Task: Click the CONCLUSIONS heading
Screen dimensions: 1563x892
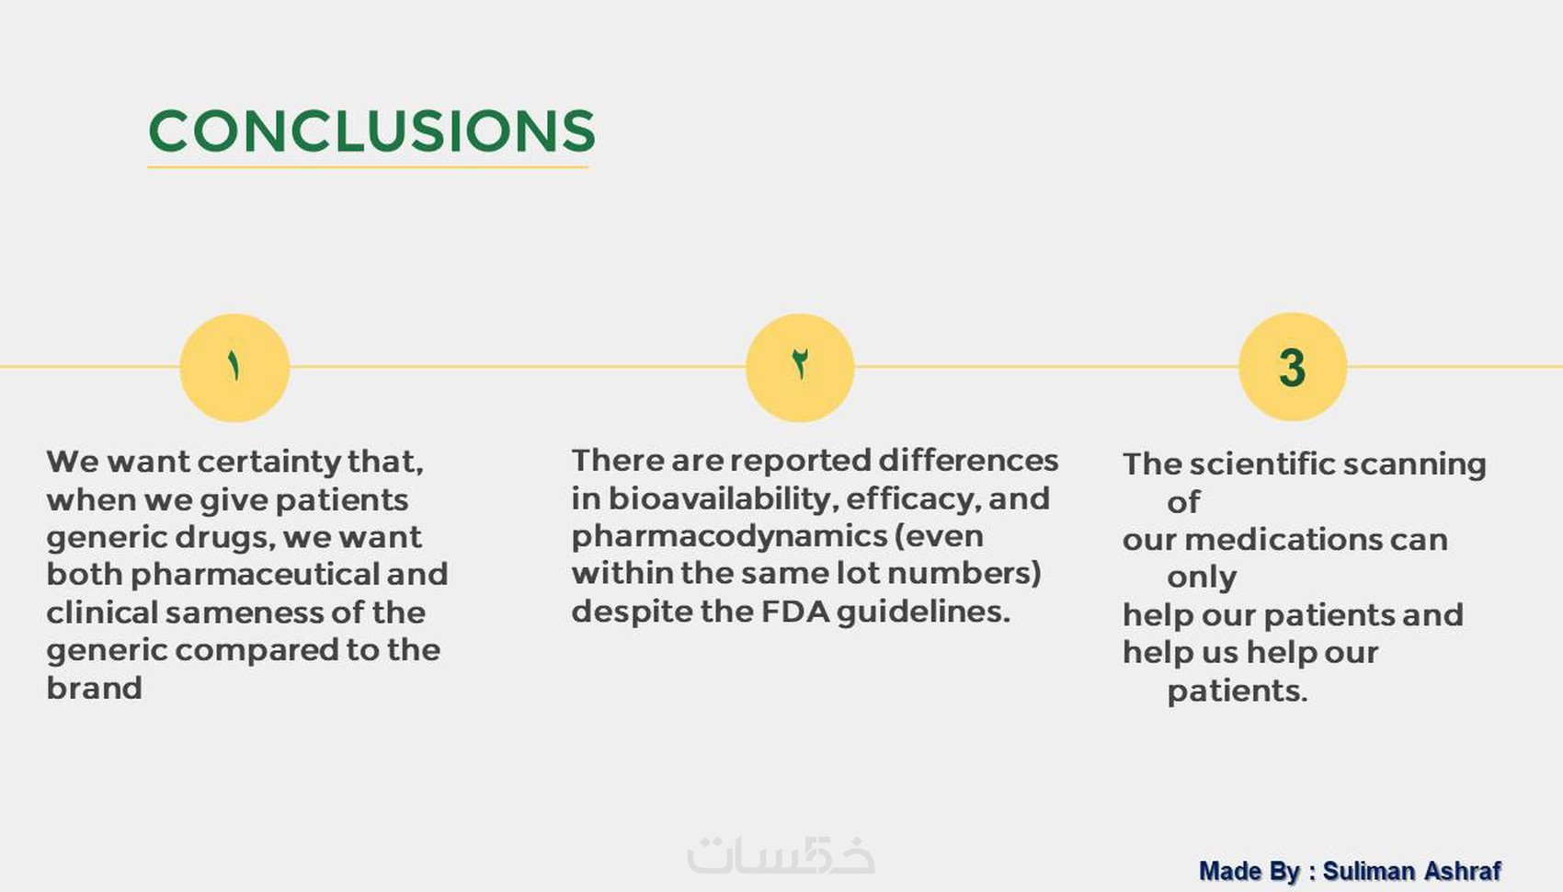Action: (372, 131)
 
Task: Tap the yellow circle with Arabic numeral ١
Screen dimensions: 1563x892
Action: (234, 368)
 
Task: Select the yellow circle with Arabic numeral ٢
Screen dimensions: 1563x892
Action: (800, 368)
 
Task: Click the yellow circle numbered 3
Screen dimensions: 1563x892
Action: (1293, 367)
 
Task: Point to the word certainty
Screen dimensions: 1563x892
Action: (269, 462)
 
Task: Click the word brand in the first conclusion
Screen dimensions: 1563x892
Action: (94, 688)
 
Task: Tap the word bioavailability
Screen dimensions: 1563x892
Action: (722, 499)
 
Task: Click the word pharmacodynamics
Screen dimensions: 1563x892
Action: (729, 537)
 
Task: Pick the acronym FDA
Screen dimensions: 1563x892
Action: (795, 612)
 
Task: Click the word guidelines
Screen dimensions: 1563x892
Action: (923, 612)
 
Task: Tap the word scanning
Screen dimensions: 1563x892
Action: (1414, 465)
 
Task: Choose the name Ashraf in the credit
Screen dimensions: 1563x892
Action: (1463, 871)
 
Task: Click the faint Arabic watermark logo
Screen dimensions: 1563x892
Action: (781, 856)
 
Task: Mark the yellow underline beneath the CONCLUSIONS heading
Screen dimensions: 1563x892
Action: (368, 167)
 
